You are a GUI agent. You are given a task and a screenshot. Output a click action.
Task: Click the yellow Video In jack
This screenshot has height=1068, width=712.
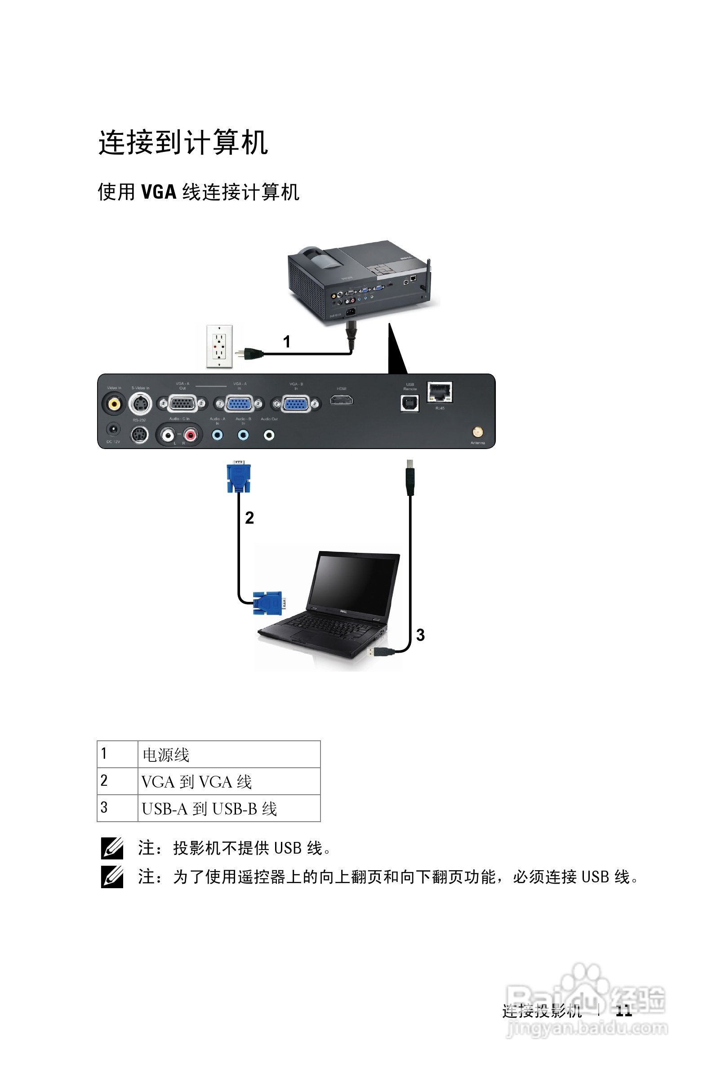coord(114,403)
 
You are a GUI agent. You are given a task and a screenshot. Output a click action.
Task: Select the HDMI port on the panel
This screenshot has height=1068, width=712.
coord(341,400)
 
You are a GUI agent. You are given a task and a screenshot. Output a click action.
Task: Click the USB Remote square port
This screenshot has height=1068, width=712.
coord(409,403)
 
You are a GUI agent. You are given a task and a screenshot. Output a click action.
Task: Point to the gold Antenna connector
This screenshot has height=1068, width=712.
coord(477,432)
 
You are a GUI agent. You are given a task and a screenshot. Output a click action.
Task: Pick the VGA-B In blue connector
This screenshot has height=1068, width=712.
coord(296,404)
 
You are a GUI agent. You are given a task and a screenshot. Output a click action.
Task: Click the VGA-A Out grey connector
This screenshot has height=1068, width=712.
coord(182,403)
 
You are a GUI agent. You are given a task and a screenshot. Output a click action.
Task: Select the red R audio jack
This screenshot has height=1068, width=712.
coord(191,436)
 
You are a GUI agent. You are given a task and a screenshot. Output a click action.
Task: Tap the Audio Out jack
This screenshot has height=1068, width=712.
coord(269,435)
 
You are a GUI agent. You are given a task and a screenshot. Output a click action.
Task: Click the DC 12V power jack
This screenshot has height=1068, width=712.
coord(113,429)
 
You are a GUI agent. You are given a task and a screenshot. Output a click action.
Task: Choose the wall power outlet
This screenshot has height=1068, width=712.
coord(219,347)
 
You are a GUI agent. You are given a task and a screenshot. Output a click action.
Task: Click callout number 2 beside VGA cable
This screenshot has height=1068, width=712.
coord(249,518)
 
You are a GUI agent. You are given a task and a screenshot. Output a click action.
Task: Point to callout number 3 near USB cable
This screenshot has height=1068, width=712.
coord(420,635)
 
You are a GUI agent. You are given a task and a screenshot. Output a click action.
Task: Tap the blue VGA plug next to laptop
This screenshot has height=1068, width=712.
coord(269,603)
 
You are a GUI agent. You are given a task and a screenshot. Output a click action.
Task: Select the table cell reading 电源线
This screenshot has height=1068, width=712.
coord(229,755)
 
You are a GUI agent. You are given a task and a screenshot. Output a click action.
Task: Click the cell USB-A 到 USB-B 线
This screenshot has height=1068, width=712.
coord(229,809)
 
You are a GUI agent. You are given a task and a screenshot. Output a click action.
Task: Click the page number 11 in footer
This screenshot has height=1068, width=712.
coord(623,1011)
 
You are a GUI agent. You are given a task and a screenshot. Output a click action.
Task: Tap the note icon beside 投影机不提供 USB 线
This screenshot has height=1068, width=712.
coord(112,848)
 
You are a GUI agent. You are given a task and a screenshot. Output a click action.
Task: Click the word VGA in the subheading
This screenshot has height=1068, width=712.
coord(159,192)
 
